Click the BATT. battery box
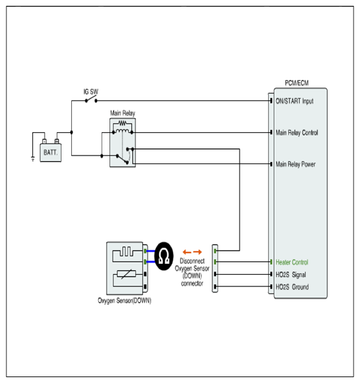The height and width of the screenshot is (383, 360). (x=51, y=152)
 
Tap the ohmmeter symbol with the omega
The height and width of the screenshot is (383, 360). (x=164, y=256)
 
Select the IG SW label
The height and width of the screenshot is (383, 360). (x=91, y=91)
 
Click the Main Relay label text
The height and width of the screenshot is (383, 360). (x=122, y=113)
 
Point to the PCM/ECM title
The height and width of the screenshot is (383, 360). (x=297, y=83)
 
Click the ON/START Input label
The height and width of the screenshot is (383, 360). (x=295, y=101)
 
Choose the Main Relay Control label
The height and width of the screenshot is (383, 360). (x=297, y=133)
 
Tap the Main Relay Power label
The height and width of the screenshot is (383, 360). (x=295, y=164)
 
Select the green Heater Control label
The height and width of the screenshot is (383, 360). (x=292, y=262)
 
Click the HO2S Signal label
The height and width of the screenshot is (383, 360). (x=291, y=275)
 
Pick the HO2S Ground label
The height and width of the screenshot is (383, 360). (x=292, y=286)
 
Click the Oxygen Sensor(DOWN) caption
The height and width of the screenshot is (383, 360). (x=124, y=301)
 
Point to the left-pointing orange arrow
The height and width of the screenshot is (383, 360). (x=187, y=252)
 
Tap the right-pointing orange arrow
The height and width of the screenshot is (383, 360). (x=197, y=252)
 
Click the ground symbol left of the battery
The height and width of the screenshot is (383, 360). (x=33, y=159)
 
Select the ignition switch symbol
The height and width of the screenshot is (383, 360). (x=91, y=100)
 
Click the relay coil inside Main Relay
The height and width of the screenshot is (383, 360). (x=122, y=132)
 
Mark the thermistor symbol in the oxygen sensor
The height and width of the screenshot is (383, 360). (x=126, y=274)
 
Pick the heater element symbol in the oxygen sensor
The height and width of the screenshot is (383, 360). (x=126, y=251)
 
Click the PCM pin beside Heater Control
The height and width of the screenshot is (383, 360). (x=271, y=262)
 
